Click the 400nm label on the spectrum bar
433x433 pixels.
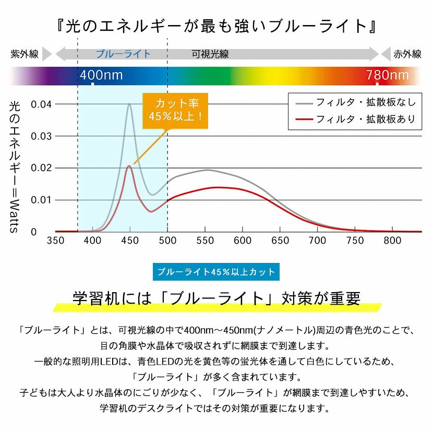pyautogui.click(x=101, y=76)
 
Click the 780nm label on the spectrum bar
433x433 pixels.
pyautogui.click(x=387, y=76)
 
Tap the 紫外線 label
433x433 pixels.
pyautogui.click(x=25, y=54)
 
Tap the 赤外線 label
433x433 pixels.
pyautogui.click(x=407, y=54)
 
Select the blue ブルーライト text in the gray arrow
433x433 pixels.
pyautogui.click(x=123, y=54)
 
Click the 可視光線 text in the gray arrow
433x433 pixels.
pyautogui.click(x=210, y=54)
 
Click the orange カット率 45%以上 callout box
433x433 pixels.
pyautogui.click(x=175, y=109)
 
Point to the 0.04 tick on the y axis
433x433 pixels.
pyautogui.click(x=41, y=104)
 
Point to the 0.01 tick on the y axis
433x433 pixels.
pyautogui.click(x=41, y=200)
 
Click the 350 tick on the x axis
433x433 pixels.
pyautogui.click(x=55, y=240)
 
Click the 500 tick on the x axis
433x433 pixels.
pyautogui.click(x=167, y=240)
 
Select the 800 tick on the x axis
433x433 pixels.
pyautogui.click(x=392, y=240)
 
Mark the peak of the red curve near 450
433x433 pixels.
pyautogui.click(x=129, y=166)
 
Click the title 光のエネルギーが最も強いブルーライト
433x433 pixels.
pyautogui.click(x=216, y=25)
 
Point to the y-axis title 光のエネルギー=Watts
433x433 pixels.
pyautogui.click(x=14, y=167)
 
